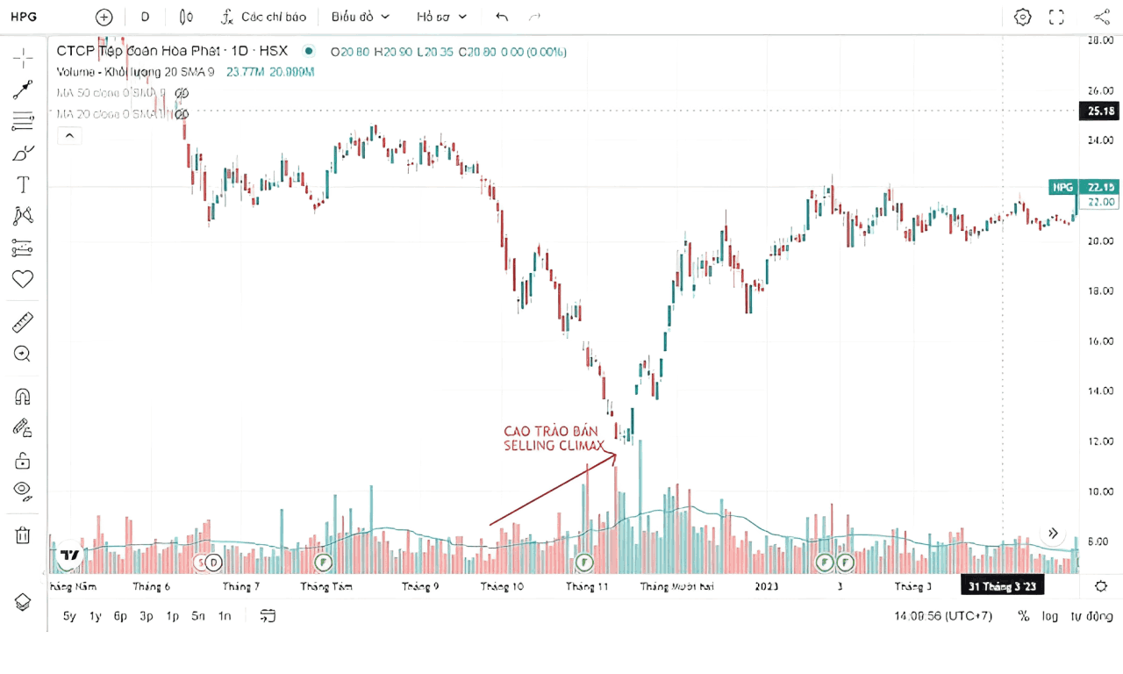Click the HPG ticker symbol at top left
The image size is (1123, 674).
(23, 17)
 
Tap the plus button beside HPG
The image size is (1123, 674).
(104, 17)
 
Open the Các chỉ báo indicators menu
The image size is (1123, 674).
(263, 17)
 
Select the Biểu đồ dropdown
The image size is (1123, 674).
(361, 17)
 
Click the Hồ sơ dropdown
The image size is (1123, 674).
(442, 17)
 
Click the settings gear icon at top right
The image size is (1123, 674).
(1022, 17)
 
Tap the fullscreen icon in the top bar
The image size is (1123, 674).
(1056, 17)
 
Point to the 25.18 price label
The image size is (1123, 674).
(1100, 111)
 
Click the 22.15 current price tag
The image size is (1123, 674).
(1100, 187)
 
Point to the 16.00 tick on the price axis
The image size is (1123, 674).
(1100, 341)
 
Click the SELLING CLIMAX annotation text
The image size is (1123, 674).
(554, 446)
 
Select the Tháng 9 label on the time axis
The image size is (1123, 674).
(420, 586)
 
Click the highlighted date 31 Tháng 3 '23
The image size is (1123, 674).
(1002, 585)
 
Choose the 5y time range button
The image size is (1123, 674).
(70, 616)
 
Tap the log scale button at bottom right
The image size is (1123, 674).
(1049, 616)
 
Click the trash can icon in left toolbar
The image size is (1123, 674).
(23, 535)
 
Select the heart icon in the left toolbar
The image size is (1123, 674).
(23, 279)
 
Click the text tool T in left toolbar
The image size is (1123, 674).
(23, 185)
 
